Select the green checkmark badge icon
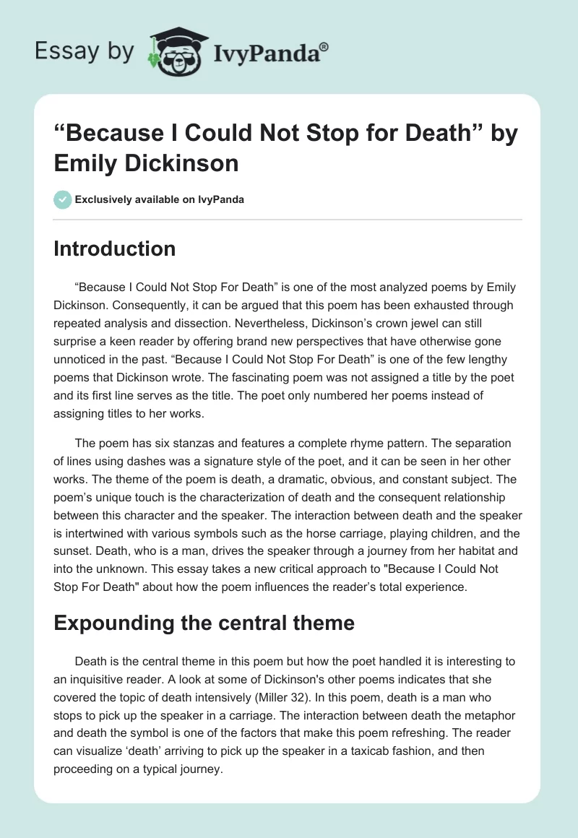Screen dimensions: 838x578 click(62, 199)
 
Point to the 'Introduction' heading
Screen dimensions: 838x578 click(115, 249)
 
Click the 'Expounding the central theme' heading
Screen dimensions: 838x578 click(204, 623)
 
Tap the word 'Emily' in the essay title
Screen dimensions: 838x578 click(85, 163)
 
